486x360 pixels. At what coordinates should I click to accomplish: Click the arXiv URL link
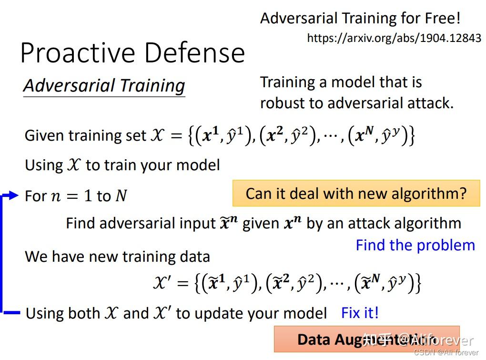pos(394,38)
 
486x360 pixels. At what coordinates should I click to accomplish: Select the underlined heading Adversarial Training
pos(104,86)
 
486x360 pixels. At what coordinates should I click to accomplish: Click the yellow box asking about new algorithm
pos(356,193)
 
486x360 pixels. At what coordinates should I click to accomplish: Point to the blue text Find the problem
pos(415,245)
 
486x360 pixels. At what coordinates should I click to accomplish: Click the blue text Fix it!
pos(360,313)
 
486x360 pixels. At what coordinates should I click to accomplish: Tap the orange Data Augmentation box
pos(366,339)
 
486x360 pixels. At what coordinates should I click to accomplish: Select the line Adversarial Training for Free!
pos(360,19)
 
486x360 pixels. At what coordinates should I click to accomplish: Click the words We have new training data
pos(117,257)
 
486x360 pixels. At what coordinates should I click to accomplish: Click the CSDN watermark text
pos(445,352)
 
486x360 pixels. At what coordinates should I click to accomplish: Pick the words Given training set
pos(85,136)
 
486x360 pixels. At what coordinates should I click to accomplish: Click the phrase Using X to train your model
pos(122,165)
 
